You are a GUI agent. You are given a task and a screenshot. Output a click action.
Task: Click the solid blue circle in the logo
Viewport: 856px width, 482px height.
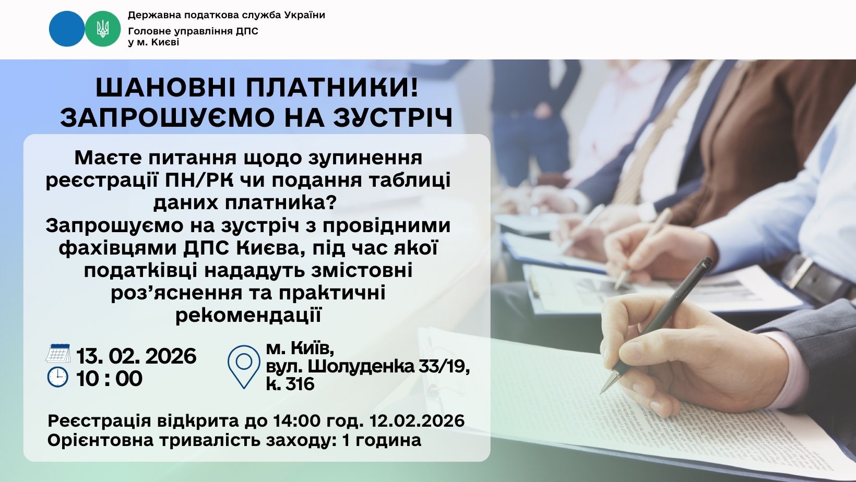tap(67, 29)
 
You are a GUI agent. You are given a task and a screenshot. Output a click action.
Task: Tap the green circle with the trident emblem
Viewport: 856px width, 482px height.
tap(102, 29)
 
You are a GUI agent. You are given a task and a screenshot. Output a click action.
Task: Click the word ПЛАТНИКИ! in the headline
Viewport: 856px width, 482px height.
tap(332, 88)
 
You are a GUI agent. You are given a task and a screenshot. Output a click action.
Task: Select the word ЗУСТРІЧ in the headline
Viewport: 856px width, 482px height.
tap(393, 117)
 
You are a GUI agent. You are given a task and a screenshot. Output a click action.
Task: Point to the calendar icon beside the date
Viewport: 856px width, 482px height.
tap(58, 353)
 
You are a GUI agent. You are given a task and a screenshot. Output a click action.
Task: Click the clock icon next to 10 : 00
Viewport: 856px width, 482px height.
tap(58, 377)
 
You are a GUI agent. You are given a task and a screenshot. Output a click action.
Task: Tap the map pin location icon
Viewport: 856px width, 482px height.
tap(244, 367)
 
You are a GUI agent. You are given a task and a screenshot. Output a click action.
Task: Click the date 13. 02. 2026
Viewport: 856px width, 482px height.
tap(136, 356)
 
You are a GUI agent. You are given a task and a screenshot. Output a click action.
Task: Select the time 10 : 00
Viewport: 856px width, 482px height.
tap(109, 379)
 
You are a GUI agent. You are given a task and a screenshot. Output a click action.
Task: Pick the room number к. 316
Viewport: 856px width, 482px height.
tap(290, 384)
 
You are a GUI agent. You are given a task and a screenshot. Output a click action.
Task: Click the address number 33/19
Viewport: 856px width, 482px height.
tap(444, 367)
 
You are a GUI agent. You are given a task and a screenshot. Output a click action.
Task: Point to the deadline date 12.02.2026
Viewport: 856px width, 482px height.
tap(417, 421)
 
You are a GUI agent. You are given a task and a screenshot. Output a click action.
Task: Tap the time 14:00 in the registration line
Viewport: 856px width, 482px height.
tap(297, 421)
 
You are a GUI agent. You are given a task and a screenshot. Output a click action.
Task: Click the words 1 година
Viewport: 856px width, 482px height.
tap(382, 440)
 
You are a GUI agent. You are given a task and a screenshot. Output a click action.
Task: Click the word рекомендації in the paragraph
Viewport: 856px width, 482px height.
tap(248, 316)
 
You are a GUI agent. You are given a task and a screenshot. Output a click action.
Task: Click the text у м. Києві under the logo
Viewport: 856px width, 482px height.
tap(153, 42)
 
